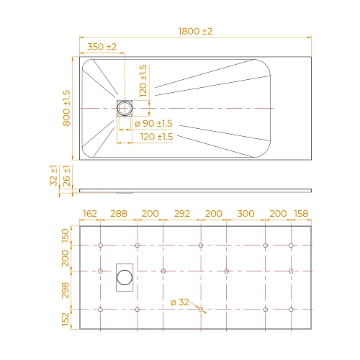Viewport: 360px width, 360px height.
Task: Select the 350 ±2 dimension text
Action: point(102,47)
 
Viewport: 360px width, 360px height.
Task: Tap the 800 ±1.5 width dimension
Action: point(66,109)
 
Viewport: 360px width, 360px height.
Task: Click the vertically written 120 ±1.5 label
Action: point(143,80)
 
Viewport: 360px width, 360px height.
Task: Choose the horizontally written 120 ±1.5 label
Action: point(156,136)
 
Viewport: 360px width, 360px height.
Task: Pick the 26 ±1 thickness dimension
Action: point(66,177)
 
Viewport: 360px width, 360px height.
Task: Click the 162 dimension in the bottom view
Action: point(90,214)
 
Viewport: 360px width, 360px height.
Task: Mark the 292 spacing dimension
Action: point(182,214)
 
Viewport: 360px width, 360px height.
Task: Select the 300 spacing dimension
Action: point(246,214)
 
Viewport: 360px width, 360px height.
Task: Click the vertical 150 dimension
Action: point(66,235)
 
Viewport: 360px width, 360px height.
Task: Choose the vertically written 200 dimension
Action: point(66,258)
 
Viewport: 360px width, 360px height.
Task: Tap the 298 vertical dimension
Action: point(66,289)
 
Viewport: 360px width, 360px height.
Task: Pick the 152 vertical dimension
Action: point(66,318)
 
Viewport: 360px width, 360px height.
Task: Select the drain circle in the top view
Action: point(126,108)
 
